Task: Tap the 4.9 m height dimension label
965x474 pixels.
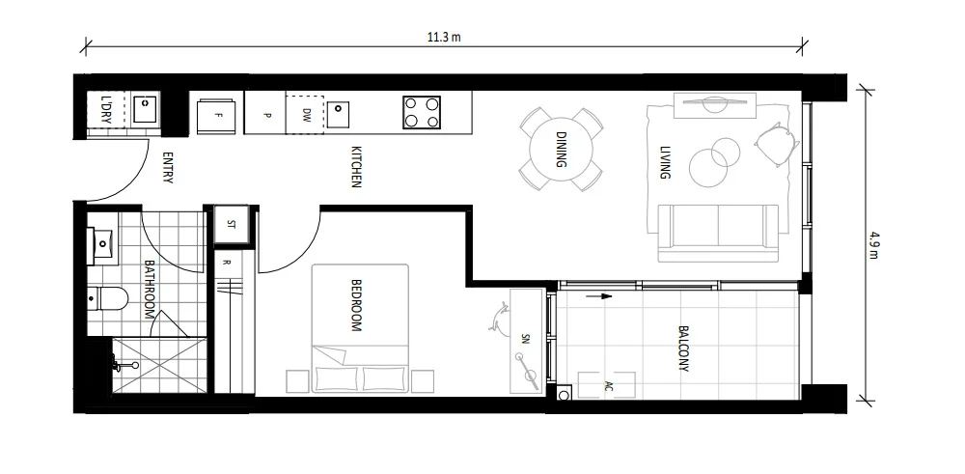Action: pos(874,240)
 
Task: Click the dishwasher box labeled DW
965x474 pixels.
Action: pos(305,114)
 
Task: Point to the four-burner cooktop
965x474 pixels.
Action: pos(421,112)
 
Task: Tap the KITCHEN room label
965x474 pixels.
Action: pos(355,166)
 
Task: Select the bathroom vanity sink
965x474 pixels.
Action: pos(101,245)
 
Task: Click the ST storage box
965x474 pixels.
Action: pos(231,223)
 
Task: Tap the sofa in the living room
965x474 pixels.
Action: pos(718,233)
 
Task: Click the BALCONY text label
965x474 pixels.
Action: pos(683,348)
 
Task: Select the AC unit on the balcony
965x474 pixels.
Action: pos(607,385)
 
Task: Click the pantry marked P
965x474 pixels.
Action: pos(266,114)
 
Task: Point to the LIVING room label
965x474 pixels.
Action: pos(664,163)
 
